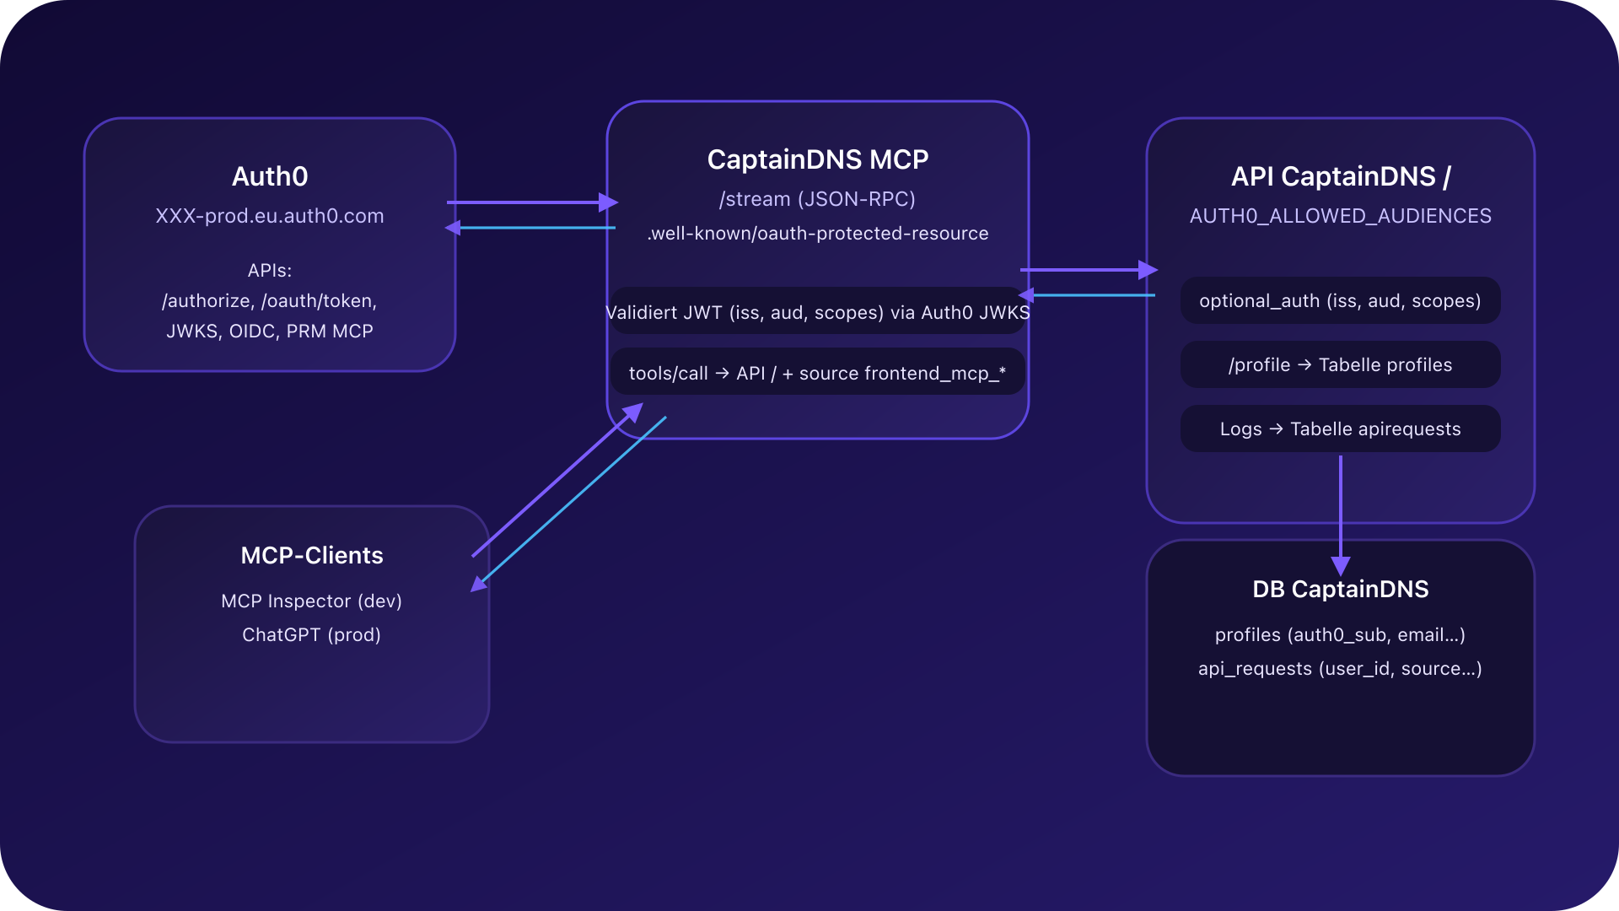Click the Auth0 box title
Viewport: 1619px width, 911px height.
[270, 176]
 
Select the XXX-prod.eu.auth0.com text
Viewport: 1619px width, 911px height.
[270, 216]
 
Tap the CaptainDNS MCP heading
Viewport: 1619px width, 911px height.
[817, 159]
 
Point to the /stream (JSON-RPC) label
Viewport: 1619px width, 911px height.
[817, 199]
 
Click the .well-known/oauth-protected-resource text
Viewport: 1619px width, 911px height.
[817, 234]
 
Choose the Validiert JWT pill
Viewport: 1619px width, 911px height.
[817, 312]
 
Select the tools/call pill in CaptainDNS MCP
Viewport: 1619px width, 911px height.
[817, 373]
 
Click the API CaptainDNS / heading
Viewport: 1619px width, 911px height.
[1340, 176]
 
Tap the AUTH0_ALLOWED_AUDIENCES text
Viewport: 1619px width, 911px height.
[1340, 216]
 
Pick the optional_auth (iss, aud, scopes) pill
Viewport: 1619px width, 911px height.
[1340, 301]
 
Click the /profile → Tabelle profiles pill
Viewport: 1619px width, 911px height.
[1340, 364]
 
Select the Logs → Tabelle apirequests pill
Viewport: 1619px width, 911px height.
[1340, 429]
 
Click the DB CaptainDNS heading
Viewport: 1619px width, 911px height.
[1340, 589]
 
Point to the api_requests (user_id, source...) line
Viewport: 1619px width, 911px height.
[1340, 669]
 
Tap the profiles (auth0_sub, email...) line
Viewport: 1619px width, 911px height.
[1340, 635]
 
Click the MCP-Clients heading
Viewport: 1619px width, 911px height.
[312, 555]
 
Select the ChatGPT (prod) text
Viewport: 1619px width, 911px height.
[312, 635]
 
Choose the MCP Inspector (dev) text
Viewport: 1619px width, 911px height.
[312, 601]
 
